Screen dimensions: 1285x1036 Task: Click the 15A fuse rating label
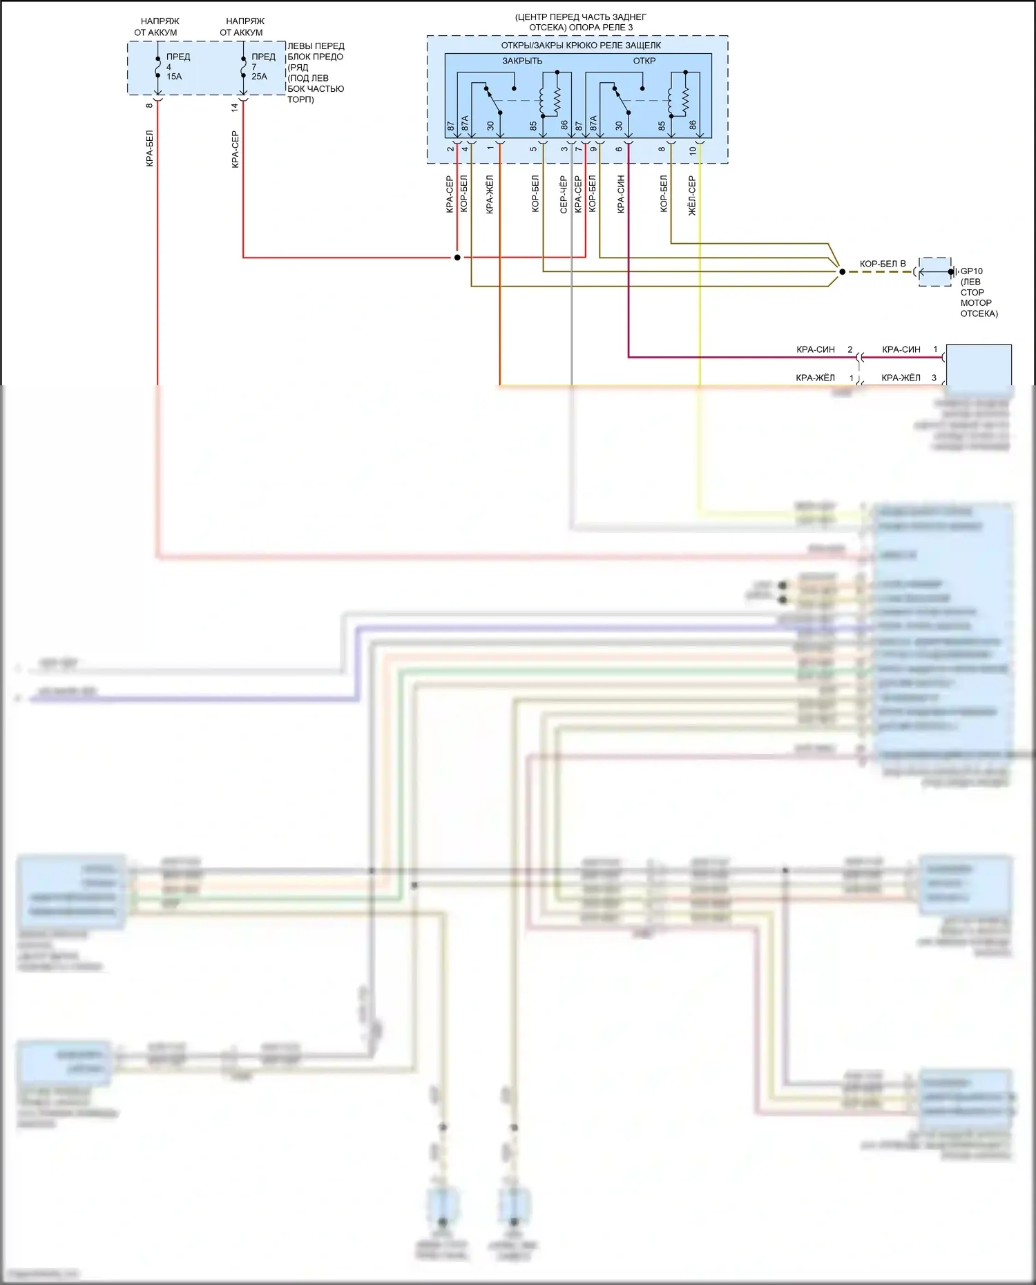coord(174,77)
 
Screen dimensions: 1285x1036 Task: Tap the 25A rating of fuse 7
coord(259,77)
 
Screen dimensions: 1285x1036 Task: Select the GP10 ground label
coord(971,271)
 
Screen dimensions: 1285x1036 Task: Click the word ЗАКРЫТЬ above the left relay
coord(522,61)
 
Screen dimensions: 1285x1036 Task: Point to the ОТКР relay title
coord(644,61)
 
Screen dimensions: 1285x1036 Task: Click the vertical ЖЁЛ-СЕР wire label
coord(692,195)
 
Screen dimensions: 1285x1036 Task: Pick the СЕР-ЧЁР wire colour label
coord(564,194)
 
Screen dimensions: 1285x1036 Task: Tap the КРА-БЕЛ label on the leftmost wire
coord(150,148)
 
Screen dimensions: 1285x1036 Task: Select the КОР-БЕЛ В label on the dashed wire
coord(882,264)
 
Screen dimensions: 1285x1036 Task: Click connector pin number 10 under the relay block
coord(693,150)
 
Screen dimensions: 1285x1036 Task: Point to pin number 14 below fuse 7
coord(235,107)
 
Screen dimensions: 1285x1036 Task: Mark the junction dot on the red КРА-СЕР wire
coord(457,258)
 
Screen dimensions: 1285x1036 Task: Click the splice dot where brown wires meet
coord(841,272)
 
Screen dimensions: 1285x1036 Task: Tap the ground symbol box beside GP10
coord(934,272)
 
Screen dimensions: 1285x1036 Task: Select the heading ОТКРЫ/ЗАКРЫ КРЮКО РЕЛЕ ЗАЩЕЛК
coord(580,46)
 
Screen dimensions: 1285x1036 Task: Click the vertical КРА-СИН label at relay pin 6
coord(620,194)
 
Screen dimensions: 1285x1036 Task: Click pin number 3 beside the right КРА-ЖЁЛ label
coord(934,378)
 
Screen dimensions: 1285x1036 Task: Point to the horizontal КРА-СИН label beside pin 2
coord(815,349)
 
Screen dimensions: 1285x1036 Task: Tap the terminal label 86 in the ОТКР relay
coord(693,126)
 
